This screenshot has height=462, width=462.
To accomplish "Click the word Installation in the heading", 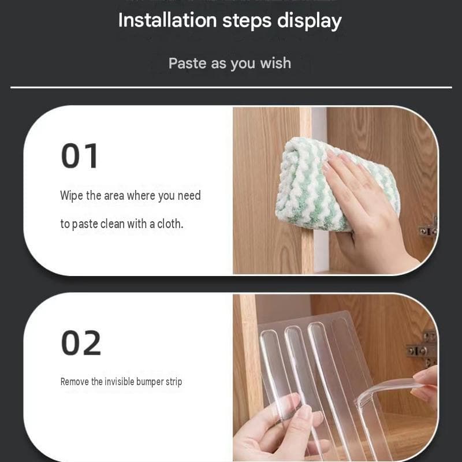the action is pyautogui.click(x=167, y=20).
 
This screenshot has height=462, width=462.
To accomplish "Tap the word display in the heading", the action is pyautogui.click(x=310, y=21).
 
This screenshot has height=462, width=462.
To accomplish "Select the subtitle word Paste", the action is pyautogui.click(x=187, y=63).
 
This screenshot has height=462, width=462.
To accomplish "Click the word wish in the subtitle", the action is pyautogui.click(x=275, y=63).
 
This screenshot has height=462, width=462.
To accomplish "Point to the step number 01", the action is pyautogui.click(x=79, y=156).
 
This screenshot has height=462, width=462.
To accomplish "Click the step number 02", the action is pyautogui.click(x=81, y=343).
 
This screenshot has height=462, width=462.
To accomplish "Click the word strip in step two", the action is pyautogui.click(x=174, y=382).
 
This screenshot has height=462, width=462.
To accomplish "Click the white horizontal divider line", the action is pyautogui.click(x=231, y=87).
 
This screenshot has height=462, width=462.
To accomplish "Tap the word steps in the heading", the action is pyautogui.click(x=247, y=21).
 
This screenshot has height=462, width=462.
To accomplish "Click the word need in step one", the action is pyautogui.click(x=189, y=196).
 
